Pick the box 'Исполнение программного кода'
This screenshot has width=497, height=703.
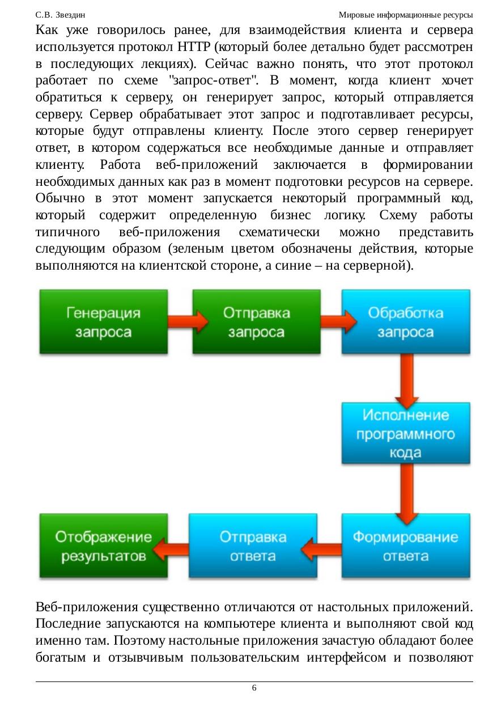(x=406, y=433)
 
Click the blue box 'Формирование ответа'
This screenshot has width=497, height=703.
(x=406, y=546)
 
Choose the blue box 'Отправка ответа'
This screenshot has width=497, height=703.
(x=253, y=546)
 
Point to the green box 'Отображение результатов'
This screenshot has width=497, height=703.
(x=104, y=546)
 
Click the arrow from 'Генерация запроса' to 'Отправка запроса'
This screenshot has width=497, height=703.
(x=180, y=321)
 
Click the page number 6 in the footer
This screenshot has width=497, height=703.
(x=254, y=688)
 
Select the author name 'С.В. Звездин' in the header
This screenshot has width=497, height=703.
(x=60, y=14)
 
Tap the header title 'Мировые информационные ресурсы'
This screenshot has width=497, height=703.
(x=405, y=14)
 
